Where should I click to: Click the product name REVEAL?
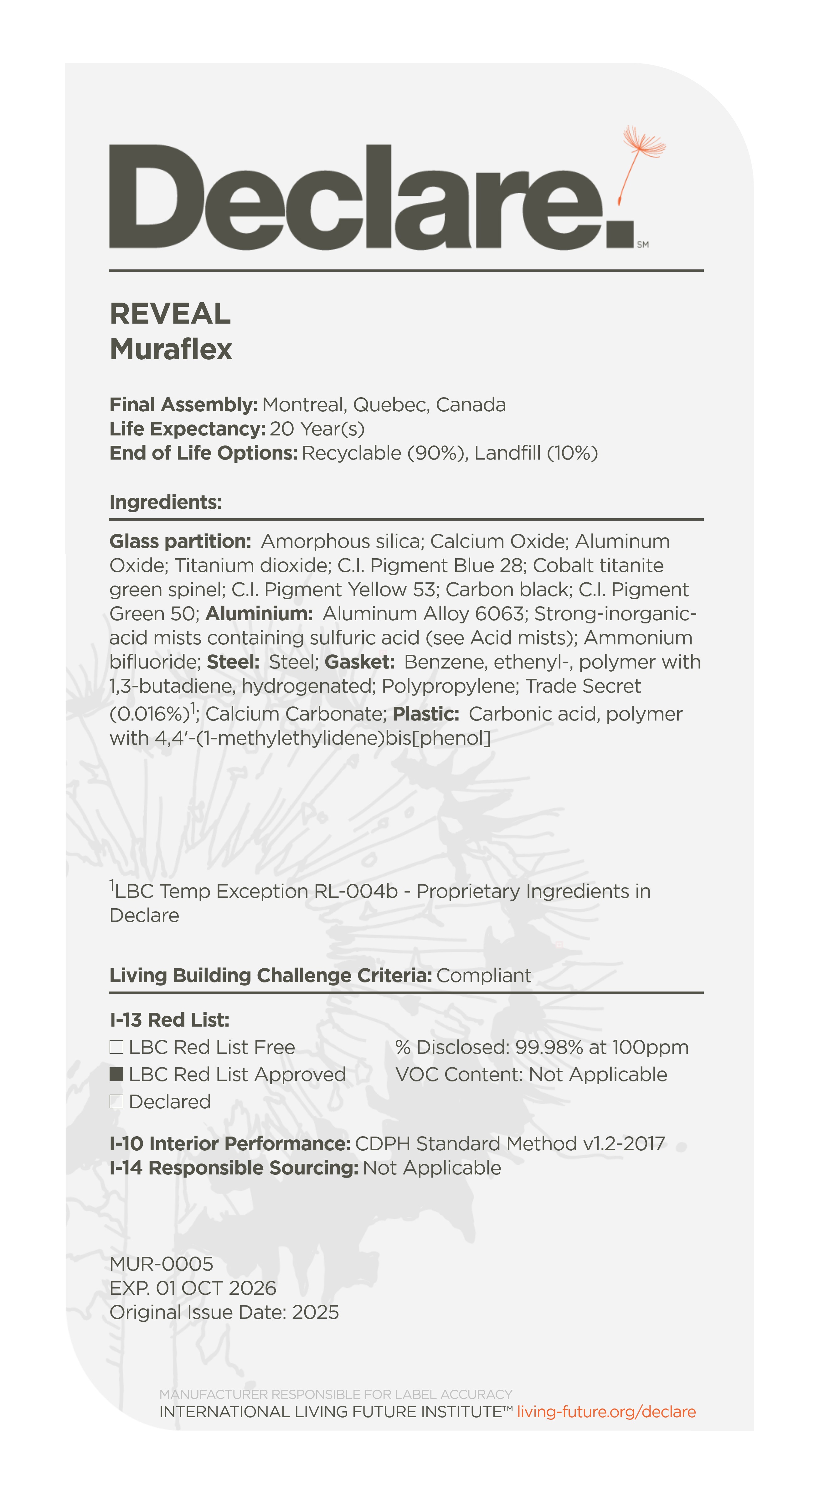pos(170,314)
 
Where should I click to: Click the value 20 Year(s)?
pos(317,429)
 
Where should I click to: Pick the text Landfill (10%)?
pos(536,453)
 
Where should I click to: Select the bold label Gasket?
pos(359,662)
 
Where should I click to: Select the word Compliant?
pos(483,976)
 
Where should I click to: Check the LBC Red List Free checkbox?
pos(116,1047)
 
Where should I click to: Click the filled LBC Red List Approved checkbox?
pos(116,1075)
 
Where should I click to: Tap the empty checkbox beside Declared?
pos(116,1102)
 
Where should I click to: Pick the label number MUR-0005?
pos(161,1264)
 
